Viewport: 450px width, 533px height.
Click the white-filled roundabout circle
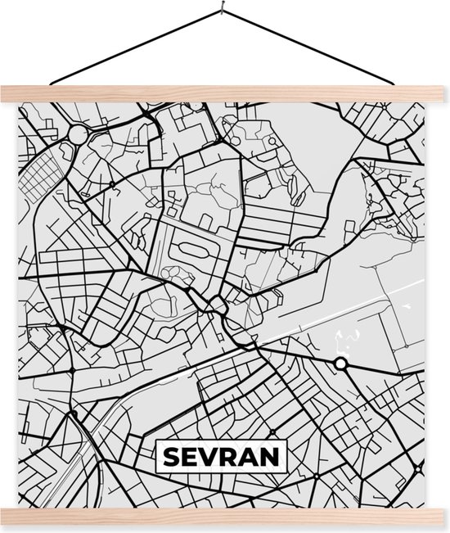341,363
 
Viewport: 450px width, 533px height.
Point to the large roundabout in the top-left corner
78,133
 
